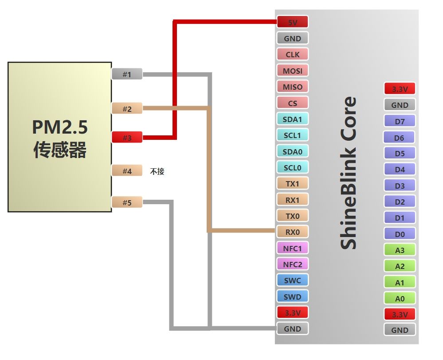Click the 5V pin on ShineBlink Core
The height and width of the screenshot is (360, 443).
click(x=292, y=22)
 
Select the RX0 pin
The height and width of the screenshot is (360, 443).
click(x=292, y=232)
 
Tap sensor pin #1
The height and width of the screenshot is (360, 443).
click(x=127, y=75)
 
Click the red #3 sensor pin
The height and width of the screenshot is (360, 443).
click(x=127, y=138)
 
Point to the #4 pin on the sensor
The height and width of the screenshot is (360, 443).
click(x=127, y=171)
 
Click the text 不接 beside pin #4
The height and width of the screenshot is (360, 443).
click(x=157, y=171)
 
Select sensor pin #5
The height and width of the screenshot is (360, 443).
click(x=127, y=203)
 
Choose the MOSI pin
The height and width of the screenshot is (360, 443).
click(x=292, y=71)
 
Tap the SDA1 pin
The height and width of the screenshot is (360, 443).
click(x=292, y=119)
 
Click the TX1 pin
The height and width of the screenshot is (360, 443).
click(x=292, y=183)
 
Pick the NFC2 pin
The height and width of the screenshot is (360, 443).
click(x=292, y=265)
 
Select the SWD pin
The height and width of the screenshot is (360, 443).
click(x=292, y=297)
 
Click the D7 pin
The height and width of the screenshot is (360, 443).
click(x=400, y=121)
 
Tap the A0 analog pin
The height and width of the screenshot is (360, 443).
click(x=400, y=298)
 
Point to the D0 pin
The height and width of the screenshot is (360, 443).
click(x=400, y=234)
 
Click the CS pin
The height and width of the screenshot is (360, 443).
click(x=292, y=103)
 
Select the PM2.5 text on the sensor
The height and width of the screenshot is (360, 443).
click(x=59, y=127)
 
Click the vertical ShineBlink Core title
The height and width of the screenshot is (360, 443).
click(x=349, y=173)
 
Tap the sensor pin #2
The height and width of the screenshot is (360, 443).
click(x=127, y=109)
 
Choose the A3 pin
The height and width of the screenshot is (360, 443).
click(x=400, y=250)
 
